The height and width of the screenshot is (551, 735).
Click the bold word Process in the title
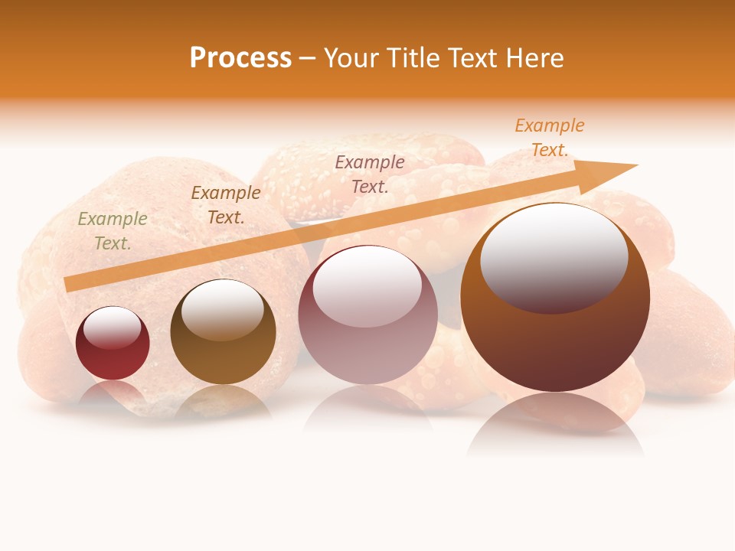[240, 58]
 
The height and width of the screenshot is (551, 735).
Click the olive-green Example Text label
[113, 230]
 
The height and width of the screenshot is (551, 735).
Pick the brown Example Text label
[226, 204]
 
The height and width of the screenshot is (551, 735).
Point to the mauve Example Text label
[370, 174]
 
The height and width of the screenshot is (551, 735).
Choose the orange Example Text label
[550, 138]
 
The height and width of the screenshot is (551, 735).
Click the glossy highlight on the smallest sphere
[113, 328]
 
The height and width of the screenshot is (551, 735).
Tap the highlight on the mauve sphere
[367, 287]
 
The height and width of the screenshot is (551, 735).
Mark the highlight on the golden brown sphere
[223, 308]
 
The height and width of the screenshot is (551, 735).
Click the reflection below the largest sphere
[555, 425]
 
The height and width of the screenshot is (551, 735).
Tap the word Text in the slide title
[475, 58]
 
